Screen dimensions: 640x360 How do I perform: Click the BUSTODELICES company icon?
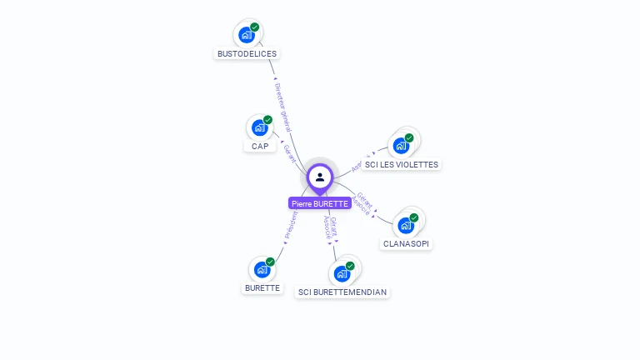point(246,34)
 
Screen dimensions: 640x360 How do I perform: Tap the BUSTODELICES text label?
point(247,53)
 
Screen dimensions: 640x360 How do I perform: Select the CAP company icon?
point(259,127)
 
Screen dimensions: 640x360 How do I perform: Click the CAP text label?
point(260,147)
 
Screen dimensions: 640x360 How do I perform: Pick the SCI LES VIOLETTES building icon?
point(401,146)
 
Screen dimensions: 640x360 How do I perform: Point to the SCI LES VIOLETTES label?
point(401,165)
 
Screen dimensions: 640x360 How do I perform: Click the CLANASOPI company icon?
point(406,225)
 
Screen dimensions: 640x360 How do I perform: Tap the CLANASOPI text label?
point(407,244)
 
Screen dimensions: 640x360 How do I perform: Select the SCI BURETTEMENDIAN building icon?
point(342,272)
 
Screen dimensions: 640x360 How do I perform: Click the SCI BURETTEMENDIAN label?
point(342,292)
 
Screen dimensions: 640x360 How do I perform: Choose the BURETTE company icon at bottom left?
point(262,269)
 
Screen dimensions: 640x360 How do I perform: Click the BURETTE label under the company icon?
point(262,288)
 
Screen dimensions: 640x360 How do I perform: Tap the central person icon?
point(320,177)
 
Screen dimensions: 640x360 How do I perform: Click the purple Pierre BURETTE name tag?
point(320,203)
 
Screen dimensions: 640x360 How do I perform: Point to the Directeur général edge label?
point(282,107)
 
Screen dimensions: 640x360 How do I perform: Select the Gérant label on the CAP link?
point(290,152)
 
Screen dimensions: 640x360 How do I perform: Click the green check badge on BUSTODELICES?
point(255,27)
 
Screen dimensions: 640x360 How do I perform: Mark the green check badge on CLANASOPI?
point(414,217)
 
